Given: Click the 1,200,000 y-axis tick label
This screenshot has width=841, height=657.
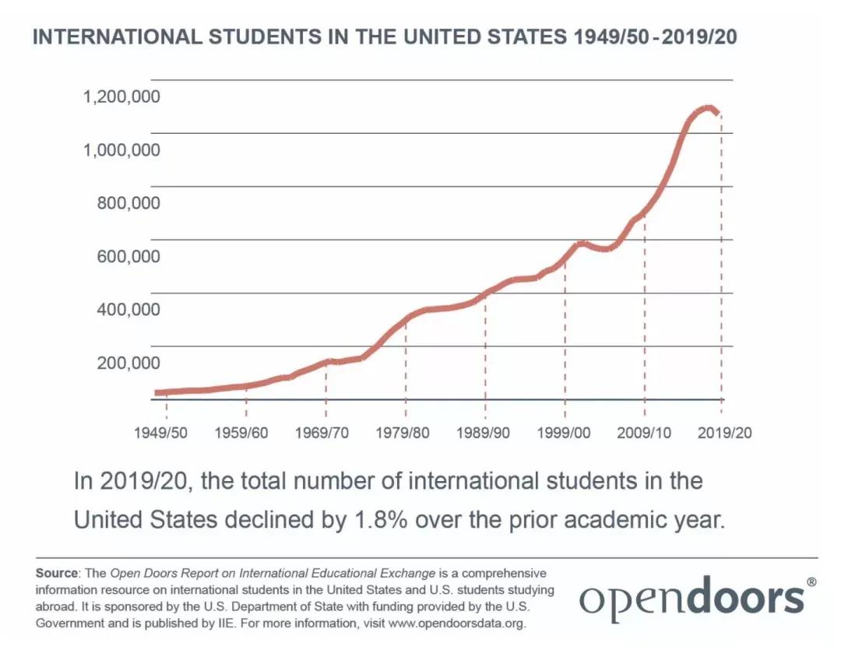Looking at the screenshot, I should pos(121,97).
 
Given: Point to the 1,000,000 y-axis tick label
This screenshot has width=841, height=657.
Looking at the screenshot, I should pos(121,149).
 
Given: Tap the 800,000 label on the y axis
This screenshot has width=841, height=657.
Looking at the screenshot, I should pos(128,203).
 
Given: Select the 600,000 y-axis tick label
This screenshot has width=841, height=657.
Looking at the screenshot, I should pos(128,256).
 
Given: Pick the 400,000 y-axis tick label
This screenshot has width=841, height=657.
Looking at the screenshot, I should pos(128,309).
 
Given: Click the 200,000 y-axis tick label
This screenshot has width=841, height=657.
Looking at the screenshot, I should pos(128,363).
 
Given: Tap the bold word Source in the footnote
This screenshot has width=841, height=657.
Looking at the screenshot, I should pos(57,573).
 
